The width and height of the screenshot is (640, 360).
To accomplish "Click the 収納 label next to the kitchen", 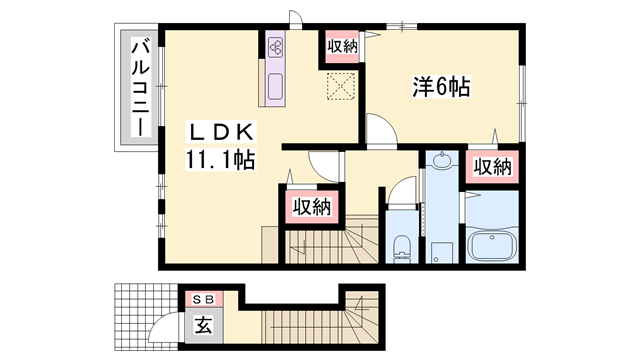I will (341, 46).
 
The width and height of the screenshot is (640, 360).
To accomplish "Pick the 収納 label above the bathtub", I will (491, 167).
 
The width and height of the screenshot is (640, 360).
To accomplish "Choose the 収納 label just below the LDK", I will (310, 207).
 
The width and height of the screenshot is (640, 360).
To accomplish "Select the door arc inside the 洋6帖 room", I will (379, 128).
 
